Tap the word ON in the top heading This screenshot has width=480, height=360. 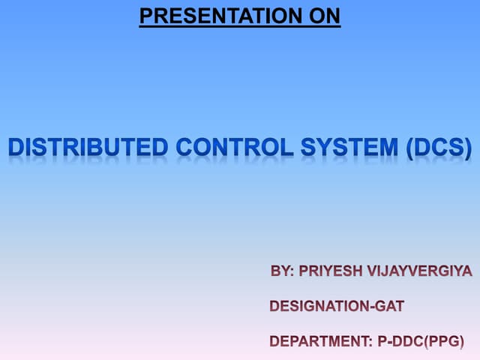click(x=325, y=15)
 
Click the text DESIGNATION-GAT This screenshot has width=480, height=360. click(x=337, y=306)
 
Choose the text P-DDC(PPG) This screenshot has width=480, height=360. click(x=420, y=341)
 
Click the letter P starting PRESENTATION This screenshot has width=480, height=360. click(x=145, y=15)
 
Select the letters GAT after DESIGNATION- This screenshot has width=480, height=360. click(x=389, y=306)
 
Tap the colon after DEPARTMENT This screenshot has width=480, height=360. click(x=370, y=343)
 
